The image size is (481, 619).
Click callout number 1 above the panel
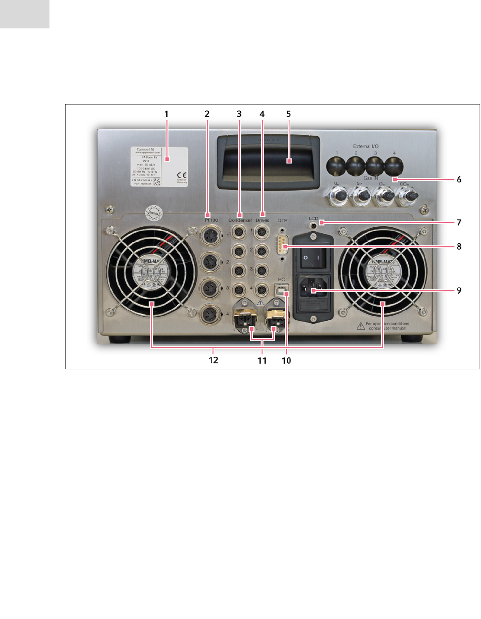pos(166,114)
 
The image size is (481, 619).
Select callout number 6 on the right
pos(459,180)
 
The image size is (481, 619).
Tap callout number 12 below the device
pos(213,360)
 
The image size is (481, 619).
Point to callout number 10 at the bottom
pos(286,361)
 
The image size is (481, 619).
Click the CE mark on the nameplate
pos(182,175)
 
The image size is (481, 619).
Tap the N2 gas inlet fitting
pos(337,195)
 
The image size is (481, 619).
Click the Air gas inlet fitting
pos(360,196)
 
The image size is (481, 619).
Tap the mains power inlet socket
pos(313,288)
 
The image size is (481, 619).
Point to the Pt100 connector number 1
pos(212,236)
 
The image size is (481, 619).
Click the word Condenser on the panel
pos(240,220)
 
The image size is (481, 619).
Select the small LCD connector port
pos(313,225)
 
